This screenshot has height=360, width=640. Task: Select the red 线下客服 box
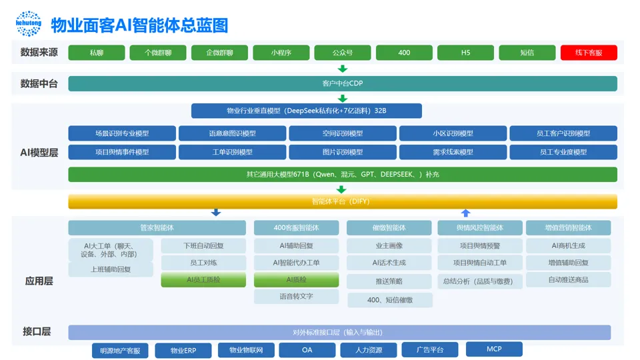pyautogui.click(x=589, y=53)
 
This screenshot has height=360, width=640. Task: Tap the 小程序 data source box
pyautogui.click(x=281, y=53)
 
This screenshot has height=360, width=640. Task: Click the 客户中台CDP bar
pyautogui.click(x=342, y=83)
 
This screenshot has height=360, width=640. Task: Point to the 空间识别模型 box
pyautogui.click(x=343, y=133)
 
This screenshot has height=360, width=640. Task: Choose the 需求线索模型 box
pyautogui.click(x=453, y=152)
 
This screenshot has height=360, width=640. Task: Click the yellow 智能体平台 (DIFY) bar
pyautogui.click(x=342, y=201)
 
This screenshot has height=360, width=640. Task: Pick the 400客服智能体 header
pyautogui.click(x=296, y=228)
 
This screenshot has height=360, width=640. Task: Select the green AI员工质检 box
pyautogui.click(x=203, y=280)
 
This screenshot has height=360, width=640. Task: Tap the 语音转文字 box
pyautogui.click(x=296, y=296)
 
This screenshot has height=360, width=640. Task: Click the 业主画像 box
pyautogui.click(x=389, y=245)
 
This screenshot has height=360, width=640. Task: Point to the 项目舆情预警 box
pyautogui.click(x=479, y=245)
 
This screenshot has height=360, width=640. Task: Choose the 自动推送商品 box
pyautogui.click(x=568, y=280)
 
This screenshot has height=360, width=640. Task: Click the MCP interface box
pyautogui.click(x=494, y=349)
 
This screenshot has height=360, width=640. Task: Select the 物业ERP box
pyautogui.click(x=183, y=351)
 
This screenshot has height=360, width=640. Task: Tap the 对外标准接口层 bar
pyautogui.click(x=339, y=332)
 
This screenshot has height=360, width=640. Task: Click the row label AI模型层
pyautogui.click(x=39, y=152)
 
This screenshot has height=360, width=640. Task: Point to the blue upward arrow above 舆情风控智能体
pyautogui.click(x=466, y=213)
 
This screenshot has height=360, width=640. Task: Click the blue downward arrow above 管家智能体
pyautogui.click(x=215, y=213)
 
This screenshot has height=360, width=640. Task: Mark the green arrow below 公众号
pyautogui.click(x=343, y=69)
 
